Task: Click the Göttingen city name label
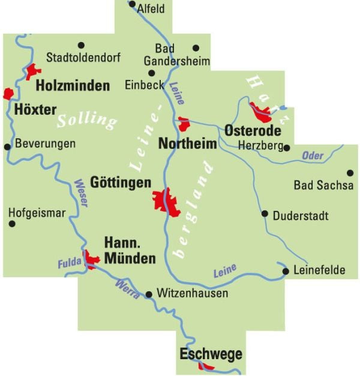click(x=119, y=182)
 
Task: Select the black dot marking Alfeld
click(x=132, y=4)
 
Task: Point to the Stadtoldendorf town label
click(x=83, y=58)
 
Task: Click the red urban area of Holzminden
click(x=31, y=71)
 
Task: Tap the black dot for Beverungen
click(x=7, y=146)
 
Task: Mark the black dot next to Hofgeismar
click(x=11, y=224)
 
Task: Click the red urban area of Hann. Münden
click(x=92, y=259)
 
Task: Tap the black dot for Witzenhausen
click(x=149, y=294)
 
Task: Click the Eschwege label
click(x=211, y=354)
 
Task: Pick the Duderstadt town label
click(x=301, y=216)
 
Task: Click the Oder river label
click(x=313, y=156)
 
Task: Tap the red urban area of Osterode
click(x=261, y=110)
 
